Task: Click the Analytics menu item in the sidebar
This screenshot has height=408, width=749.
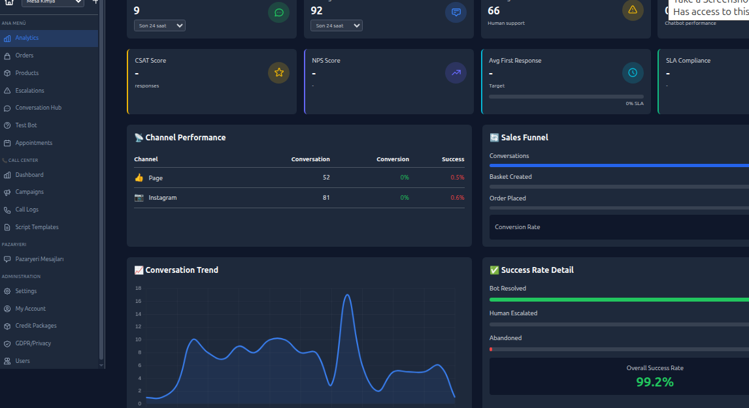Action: (27, 38)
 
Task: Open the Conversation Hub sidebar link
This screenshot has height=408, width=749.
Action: (38, 108)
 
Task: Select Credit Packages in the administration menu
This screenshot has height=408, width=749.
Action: (36, 326)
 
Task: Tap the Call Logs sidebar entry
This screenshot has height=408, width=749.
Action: (27, 210)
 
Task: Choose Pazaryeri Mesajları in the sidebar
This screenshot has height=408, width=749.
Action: (39, 259)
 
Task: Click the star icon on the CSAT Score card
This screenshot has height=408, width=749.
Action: (278, 72)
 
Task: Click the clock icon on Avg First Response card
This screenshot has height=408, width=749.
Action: (633, 72)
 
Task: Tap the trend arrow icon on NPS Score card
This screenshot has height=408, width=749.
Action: (456, 72)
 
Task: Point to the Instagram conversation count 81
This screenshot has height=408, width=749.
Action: (325, 198)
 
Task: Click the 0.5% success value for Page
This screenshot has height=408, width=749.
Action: (457, 178)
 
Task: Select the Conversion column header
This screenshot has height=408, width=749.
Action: (392, 159)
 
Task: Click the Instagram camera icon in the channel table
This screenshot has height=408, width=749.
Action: (139, 197)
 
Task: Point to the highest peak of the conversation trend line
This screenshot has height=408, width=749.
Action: (347, 295)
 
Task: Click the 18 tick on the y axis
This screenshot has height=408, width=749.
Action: (138, 288)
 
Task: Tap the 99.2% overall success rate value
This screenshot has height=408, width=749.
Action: (654, 382)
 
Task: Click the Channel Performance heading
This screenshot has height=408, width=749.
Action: (185, 138)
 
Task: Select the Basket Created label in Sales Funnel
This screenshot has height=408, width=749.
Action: (510, 177)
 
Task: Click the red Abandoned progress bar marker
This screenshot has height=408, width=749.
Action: (491, 349)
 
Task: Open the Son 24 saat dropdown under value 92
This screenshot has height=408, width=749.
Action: (336, 25)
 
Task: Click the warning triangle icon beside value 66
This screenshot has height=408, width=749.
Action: (632, 10)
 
